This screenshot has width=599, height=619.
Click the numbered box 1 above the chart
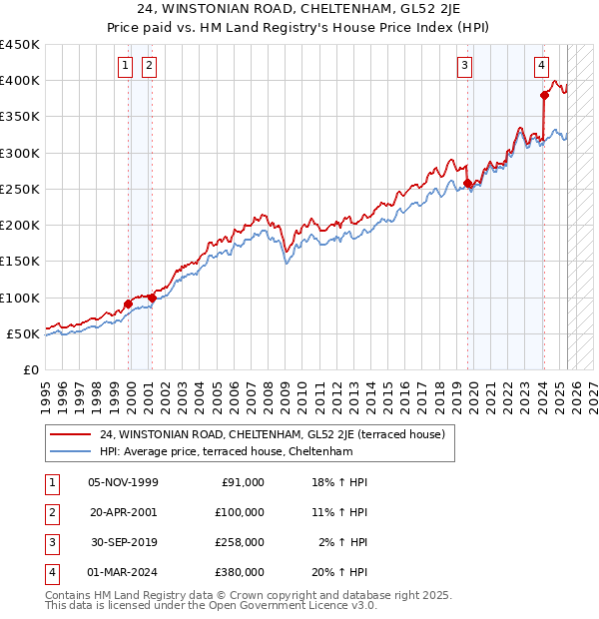click(125, 67)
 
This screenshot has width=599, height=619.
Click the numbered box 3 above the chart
click(465, 67)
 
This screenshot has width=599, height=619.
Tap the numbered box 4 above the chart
click(541, 67)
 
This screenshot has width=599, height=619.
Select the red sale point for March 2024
click(544, 96)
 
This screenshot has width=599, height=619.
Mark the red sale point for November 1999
click(129, 304)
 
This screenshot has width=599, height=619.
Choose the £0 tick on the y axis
click(30, 369)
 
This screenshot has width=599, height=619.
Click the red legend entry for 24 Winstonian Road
click(279, 433)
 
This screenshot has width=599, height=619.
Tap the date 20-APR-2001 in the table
click(124, 512)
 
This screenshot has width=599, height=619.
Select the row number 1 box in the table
click(51, 482)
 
